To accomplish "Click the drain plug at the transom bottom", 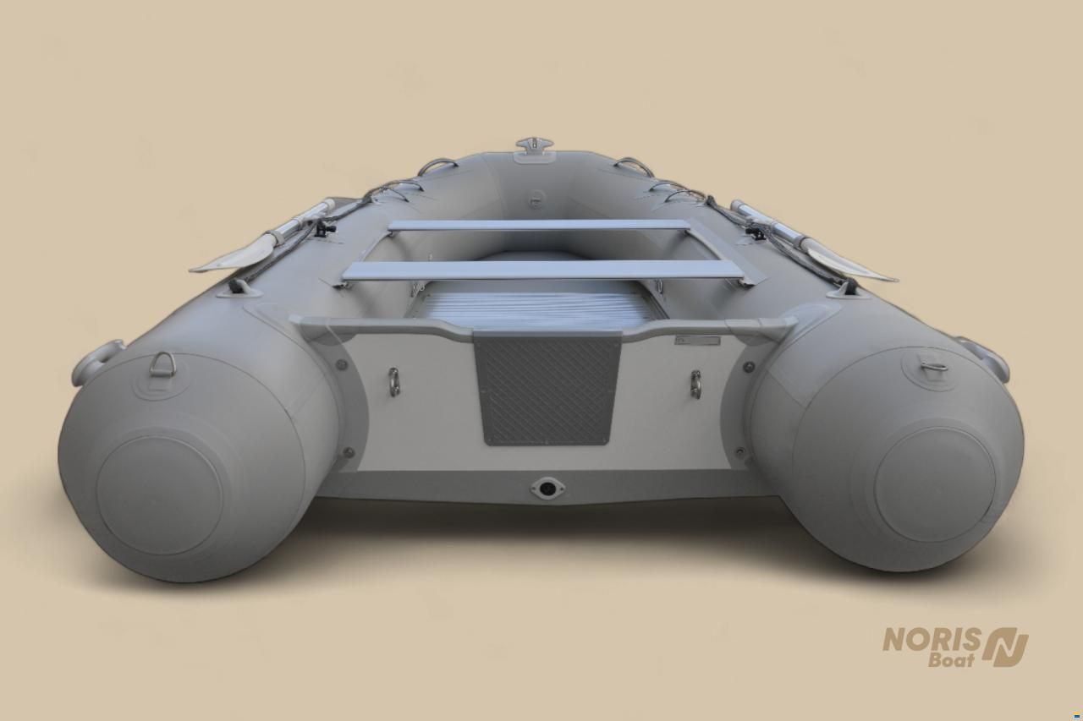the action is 547,488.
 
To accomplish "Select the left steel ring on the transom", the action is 394,381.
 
